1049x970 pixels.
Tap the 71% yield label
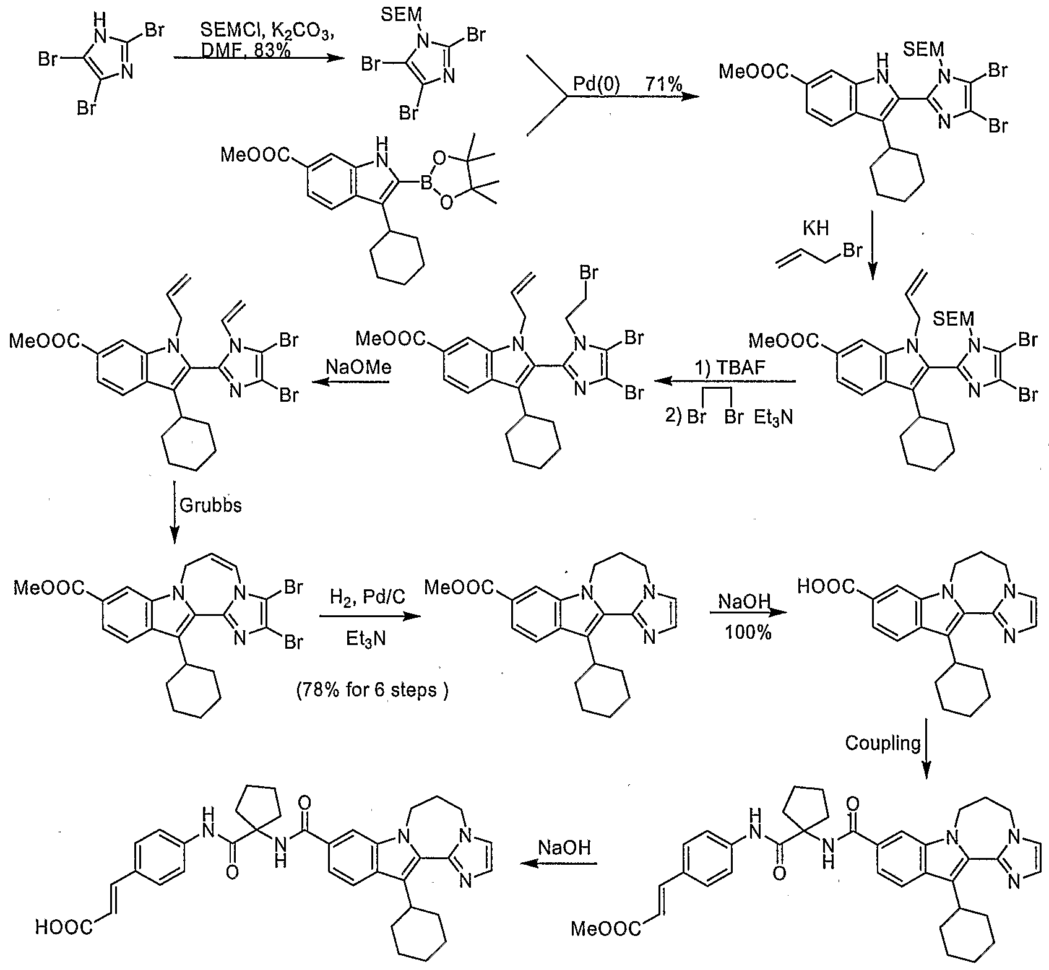click(x=663, y=84)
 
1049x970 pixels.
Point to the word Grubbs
click(x=210, y=505)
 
